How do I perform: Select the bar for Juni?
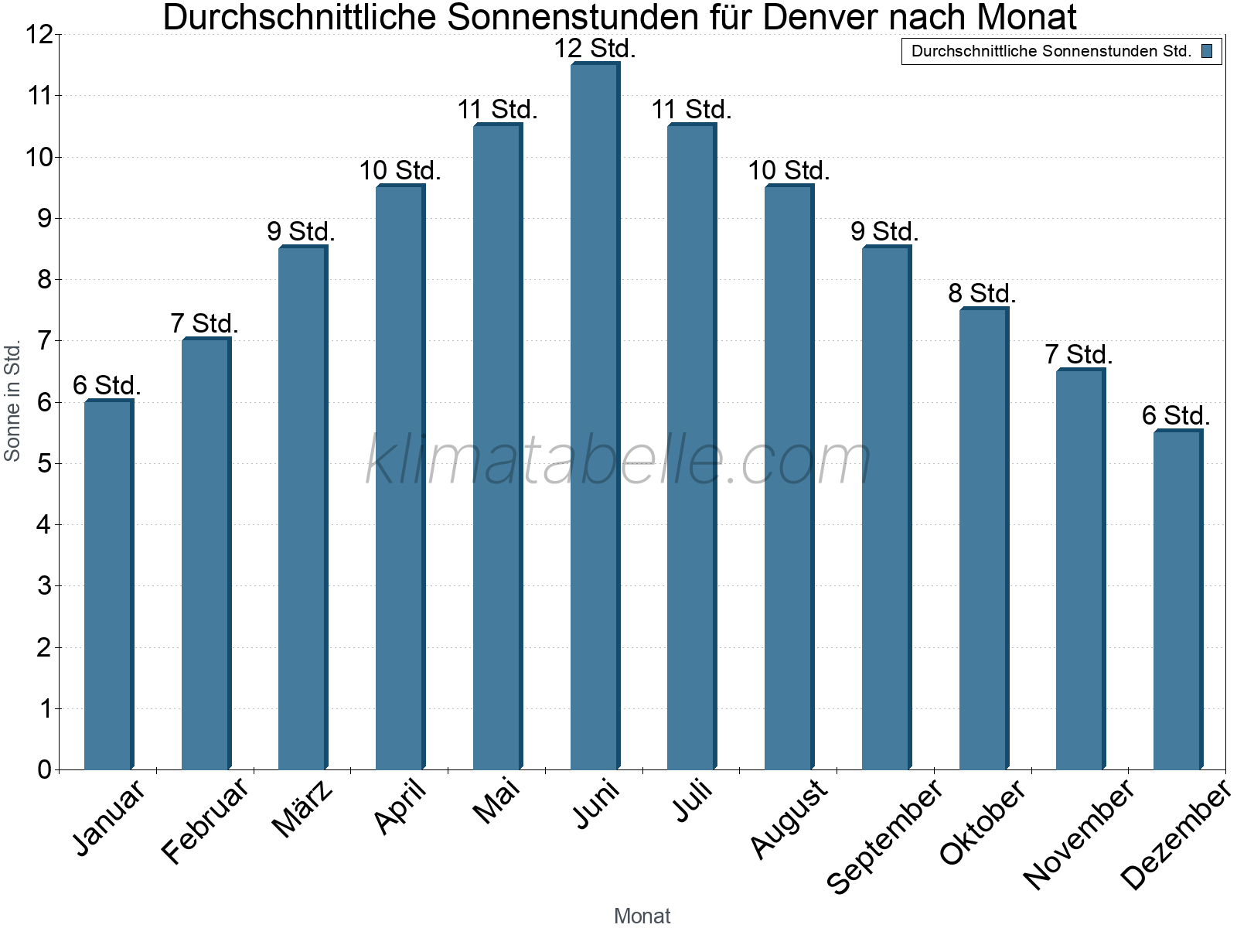595,418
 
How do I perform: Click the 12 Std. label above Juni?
595,49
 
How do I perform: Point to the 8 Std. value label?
982,294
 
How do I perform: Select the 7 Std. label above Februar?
204,323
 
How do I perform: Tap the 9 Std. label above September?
884,231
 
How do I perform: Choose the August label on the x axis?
789,818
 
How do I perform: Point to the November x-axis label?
1079,834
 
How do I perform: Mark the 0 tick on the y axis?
44,769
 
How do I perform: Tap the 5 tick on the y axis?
44,464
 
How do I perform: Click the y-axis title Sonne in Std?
12,401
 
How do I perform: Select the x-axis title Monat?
642,916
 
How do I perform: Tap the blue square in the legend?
1207,52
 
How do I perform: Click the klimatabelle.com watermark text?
618,460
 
